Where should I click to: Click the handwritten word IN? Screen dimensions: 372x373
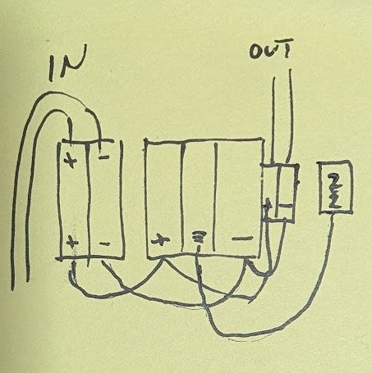coord(67,62)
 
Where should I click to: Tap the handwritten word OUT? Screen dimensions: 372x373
coord(271,49)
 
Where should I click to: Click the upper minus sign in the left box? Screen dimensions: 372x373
coord(103,157)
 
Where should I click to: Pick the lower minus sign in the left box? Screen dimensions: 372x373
coord(104,243)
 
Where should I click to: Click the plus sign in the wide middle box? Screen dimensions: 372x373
coord(161,239)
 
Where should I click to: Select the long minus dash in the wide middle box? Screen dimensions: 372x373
coord(242,239)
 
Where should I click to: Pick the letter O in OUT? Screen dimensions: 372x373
coord(255,52)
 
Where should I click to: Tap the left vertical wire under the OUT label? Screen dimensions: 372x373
coord(273,121)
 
